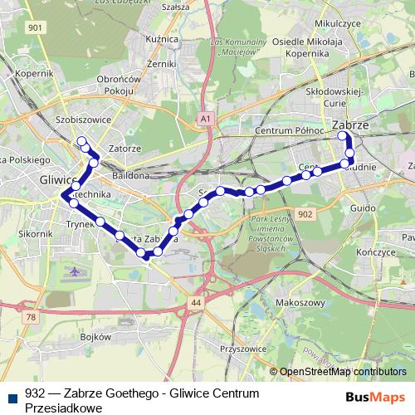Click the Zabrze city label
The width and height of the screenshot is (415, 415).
point(349,125)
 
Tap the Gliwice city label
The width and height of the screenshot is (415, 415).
point(56,179)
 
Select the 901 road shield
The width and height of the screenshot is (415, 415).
point(34,27)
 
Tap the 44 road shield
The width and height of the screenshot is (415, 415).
point(195,304)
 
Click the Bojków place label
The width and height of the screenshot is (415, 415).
point(97,338)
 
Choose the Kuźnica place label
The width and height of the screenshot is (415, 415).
point(158,38)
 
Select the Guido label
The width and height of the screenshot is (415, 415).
point(364,208)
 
